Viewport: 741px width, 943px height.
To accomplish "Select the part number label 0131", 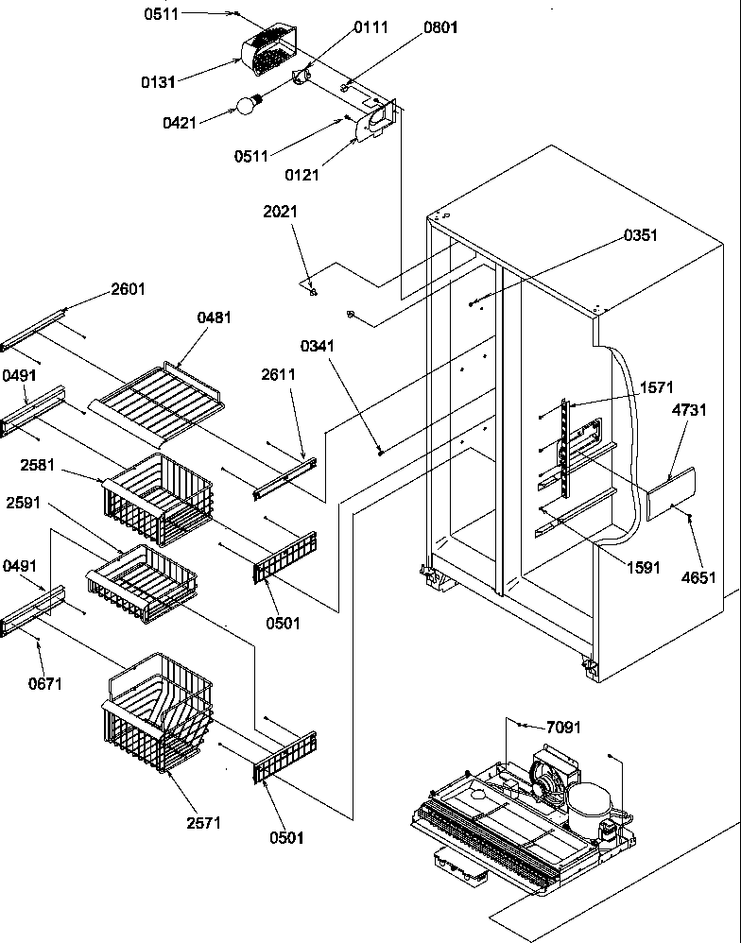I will point(158,82).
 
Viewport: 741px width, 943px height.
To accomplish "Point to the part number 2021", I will point(281,213).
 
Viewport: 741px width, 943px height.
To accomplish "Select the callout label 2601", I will point(128,289).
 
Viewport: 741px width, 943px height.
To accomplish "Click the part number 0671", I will point(46,683).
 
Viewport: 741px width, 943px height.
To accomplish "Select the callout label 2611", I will point(279,374).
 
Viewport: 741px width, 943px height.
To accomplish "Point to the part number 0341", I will point(318,346).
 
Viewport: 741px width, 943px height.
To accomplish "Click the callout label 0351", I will point(640,235).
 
